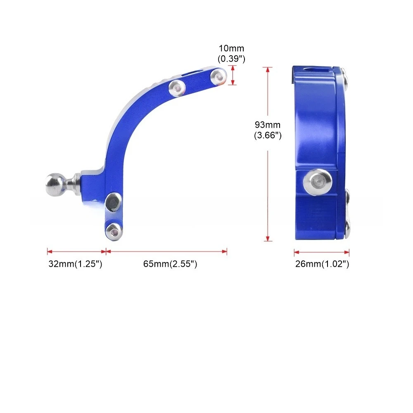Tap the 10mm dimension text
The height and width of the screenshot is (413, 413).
(231, 48)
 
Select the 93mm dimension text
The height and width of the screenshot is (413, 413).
(268, 125)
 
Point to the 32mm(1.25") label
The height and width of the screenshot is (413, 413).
(75, 263)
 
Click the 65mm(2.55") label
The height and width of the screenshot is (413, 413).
(170, 263)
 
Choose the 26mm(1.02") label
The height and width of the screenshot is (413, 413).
(322, 263)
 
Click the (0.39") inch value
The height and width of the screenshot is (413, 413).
(231, 59)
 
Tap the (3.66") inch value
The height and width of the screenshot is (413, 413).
(268, 135)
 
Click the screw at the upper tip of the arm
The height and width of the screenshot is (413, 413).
(218, 76)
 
